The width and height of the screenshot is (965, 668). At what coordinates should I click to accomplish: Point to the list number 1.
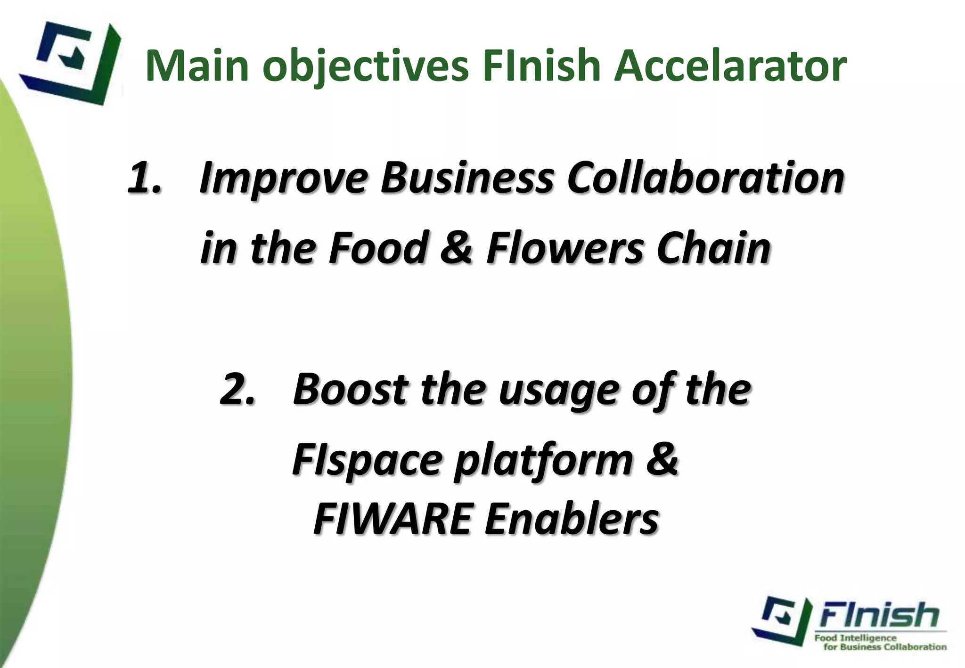[x=145, y=179]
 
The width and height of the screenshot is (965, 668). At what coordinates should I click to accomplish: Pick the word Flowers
[x=564, y=248]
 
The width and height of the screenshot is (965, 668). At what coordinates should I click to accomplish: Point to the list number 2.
[x=237, y=390]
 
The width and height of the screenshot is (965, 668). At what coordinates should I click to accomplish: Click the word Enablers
[x=571, y=520]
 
